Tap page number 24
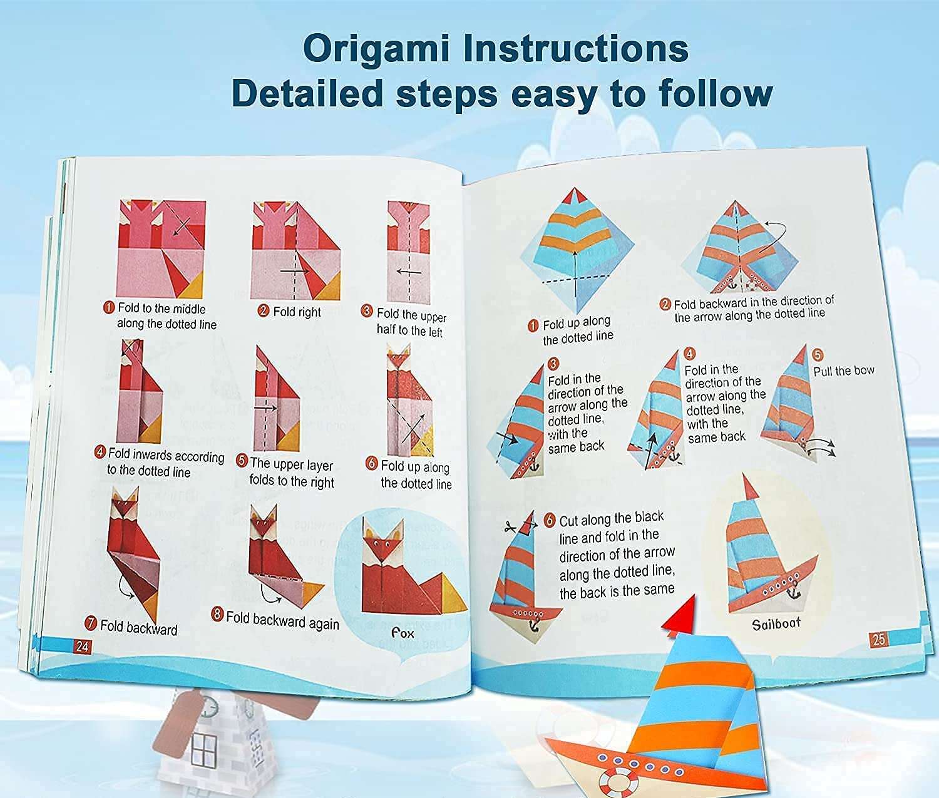point(82,647)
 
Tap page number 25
point(878,639)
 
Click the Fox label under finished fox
point(403,633)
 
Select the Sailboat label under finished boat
point(776,623)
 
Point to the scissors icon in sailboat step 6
point(505,527)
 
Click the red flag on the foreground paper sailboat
point(680,615)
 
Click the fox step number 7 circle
point(91,623)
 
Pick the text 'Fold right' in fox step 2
point(297,312)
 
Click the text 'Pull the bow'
point(843,371)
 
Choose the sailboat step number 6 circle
point(550,520)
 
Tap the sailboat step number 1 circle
point(533,325)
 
